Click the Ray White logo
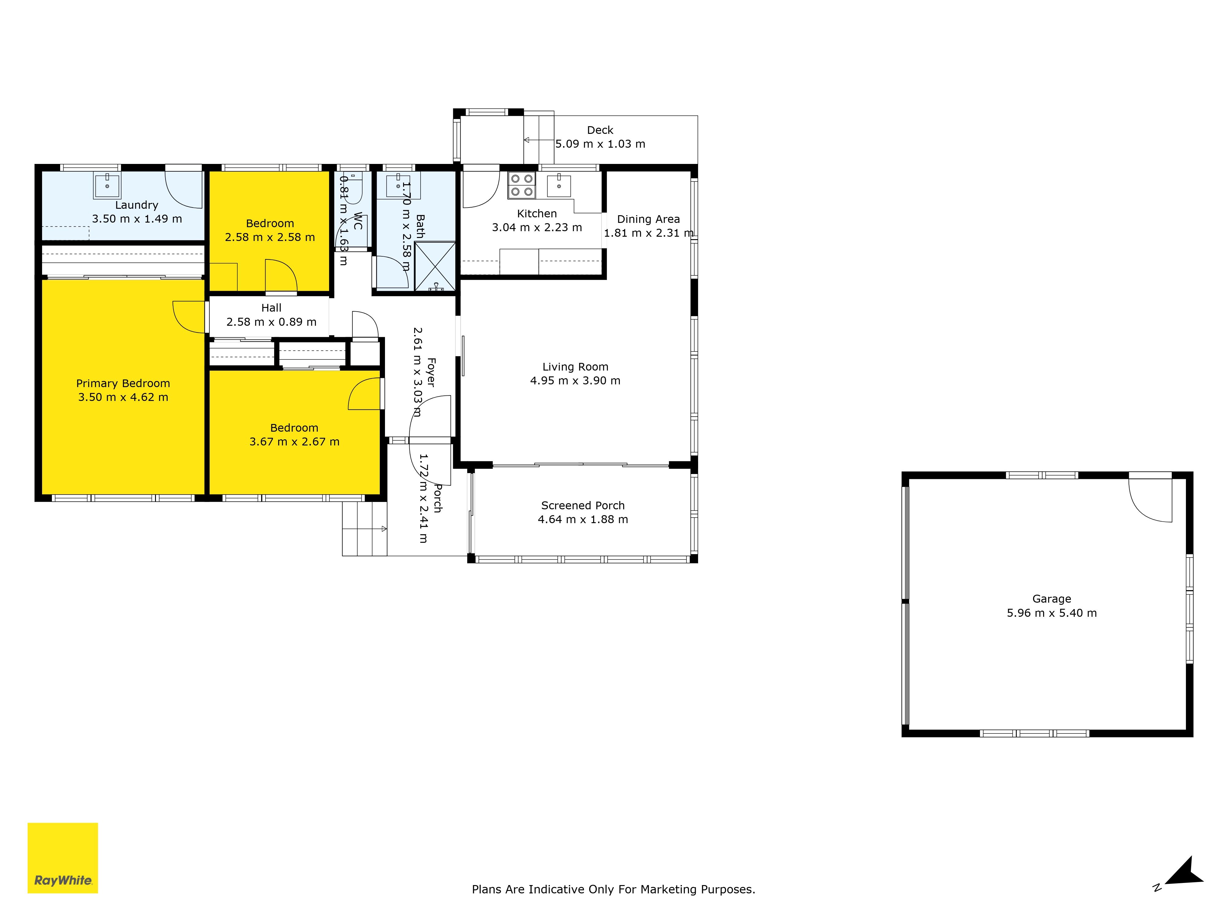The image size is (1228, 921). click(63, 858)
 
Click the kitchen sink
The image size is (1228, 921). click(559, 185)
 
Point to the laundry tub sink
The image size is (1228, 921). click(107, 185)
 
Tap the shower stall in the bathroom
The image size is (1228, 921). click(435, 266)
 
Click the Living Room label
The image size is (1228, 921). click(575, 367)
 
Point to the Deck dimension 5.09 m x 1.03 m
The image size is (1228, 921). click(600, 144)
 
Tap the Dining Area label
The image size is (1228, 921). click(648, 219)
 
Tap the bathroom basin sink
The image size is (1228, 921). click(398, 185)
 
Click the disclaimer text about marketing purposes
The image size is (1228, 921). click(613, 889)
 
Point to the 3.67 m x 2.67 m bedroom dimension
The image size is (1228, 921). click(294, 442)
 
